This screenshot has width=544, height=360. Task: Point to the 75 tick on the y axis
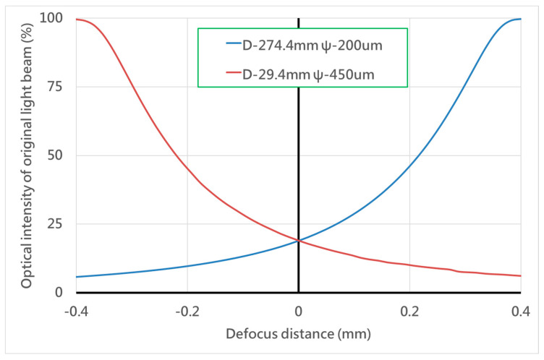click(56, 86)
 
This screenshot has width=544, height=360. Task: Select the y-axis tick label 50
click(56, 155)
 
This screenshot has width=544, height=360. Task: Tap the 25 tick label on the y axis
click(56, 223)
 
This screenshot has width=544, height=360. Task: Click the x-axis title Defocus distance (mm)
click(298, 335)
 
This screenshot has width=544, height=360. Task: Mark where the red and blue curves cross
click(298, 241)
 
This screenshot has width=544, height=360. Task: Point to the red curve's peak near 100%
click(77, 19)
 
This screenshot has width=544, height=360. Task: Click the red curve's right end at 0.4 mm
click(520, 275)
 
